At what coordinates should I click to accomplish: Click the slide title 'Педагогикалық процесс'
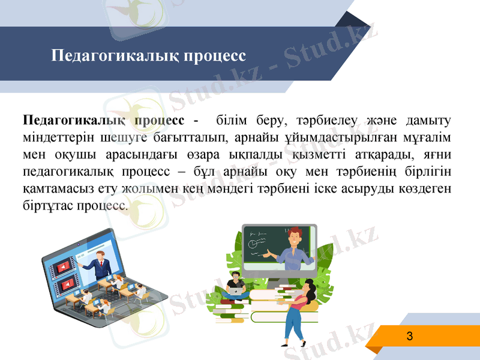point(149,56)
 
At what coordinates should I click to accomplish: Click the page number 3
point(410,336)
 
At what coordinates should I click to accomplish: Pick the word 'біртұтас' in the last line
point(46,206)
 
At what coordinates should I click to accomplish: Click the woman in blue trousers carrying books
point(300,312)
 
